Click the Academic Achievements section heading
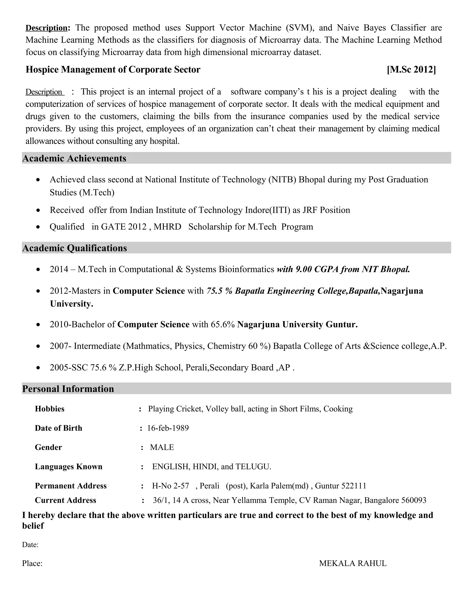coord(74,158)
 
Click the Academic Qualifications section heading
coord(75,248)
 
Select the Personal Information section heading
coord(68,389)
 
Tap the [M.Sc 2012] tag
coord(411,69)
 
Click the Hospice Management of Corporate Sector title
coord(113,69)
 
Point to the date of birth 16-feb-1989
coord(168,428)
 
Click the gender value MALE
coord(162,447)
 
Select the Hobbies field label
coord(50,409)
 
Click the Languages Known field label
coord(69,467)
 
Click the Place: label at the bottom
coord(32,564)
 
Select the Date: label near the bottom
coord(30,545)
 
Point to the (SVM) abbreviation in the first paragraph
coord(300,28)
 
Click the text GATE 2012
coord(124,227)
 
